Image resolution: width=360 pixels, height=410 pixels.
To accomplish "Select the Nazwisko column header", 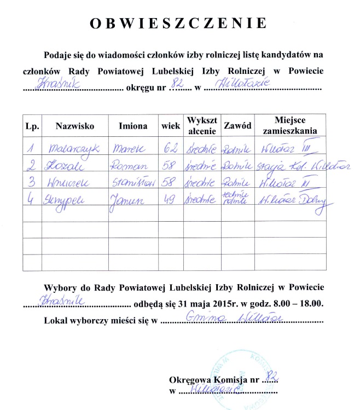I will click(75, 126).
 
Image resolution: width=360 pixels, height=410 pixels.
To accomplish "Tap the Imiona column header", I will click(133, 126).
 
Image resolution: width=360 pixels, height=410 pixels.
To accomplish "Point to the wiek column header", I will click(171, 126).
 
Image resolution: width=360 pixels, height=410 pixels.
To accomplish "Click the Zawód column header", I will click(237, 126).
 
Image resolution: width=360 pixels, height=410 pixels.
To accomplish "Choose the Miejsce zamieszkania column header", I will click(290, 125).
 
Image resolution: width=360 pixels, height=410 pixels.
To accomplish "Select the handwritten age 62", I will click(171, 148).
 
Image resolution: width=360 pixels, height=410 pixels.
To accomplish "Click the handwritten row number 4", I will click(31, 201).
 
